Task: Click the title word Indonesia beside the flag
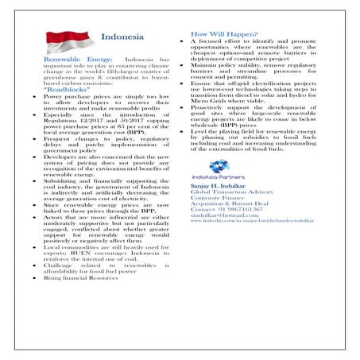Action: (122, 37)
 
